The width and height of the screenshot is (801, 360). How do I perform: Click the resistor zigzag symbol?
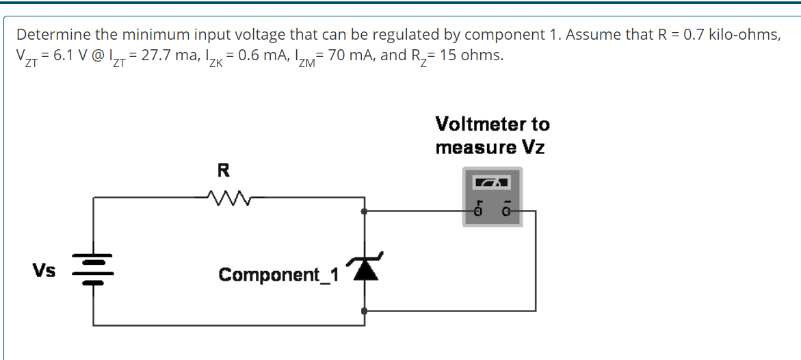pos(224,198)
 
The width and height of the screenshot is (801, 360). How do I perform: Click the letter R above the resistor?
pos(223,170)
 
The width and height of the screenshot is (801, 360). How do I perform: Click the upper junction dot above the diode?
pos(365,211)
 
